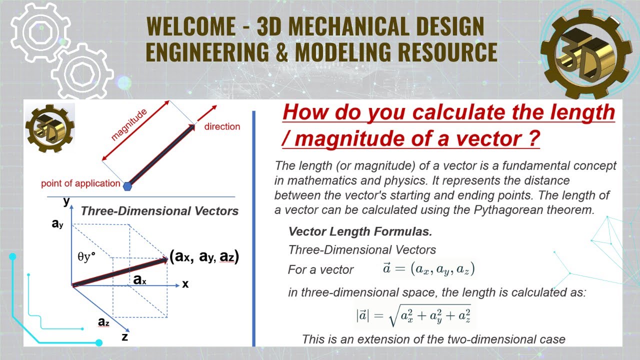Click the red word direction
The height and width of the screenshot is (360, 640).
click(222, 126)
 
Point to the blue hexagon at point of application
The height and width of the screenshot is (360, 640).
click(128, 185)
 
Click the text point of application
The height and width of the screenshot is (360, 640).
click(80, 183)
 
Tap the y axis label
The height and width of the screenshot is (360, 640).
click(66, 201)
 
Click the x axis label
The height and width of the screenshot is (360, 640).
click(185, 284)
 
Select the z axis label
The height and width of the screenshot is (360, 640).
click(124, 336)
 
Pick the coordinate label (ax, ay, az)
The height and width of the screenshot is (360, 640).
click(204, 257)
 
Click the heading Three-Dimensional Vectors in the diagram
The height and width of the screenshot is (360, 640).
click(159, 211)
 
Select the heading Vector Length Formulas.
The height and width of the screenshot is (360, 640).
click(360, 232)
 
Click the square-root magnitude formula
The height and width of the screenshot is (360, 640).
click(413, 315)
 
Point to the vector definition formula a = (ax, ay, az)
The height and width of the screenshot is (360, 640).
click(428, 269)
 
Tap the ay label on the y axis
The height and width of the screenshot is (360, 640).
click(57, 224)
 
